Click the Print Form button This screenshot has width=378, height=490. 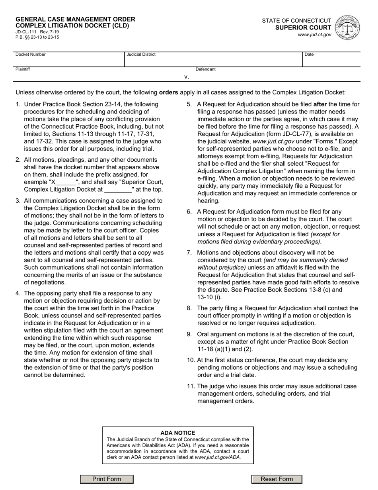(x=107, y=479)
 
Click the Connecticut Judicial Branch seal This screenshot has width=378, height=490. (x=348, y=27)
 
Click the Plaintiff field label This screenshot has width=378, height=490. (x=23, y=69)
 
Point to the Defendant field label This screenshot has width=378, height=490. (x=205, y=69)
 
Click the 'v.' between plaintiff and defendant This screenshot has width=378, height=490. (x=186, y=77)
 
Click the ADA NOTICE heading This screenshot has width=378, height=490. (x=178, y=433)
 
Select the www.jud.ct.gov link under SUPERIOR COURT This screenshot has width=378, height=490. (x=314, y=35)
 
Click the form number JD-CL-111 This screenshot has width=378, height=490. (x=25, y=31)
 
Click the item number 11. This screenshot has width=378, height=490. (x=190, y=386)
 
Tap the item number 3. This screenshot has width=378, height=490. (x=18, y=201)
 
